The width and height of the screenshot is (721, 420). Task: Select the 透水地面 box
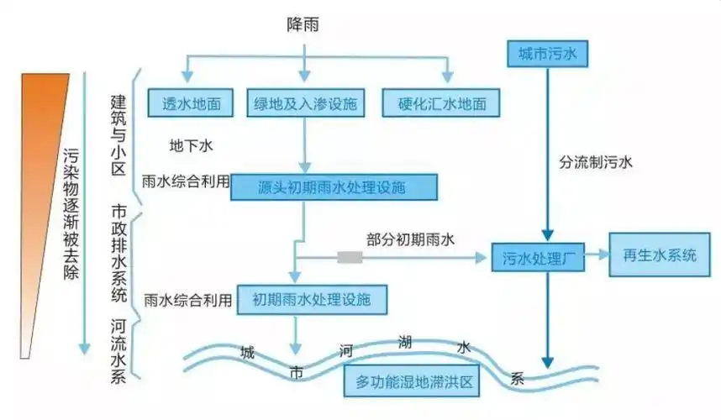click(191, 103)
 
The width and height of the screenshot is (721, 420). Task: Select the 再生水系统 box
click(660, 255)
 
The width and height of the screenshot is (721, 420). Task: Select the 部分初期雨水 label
click(410, 239)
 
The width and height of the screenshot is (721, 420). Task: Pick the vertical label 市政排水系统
click(118, 253)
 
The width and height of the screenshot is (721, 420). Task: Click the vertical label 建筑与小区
click(118, 134)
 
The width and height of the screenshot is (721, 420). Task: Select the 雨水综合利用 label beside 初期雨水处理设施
click(187, 299)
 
